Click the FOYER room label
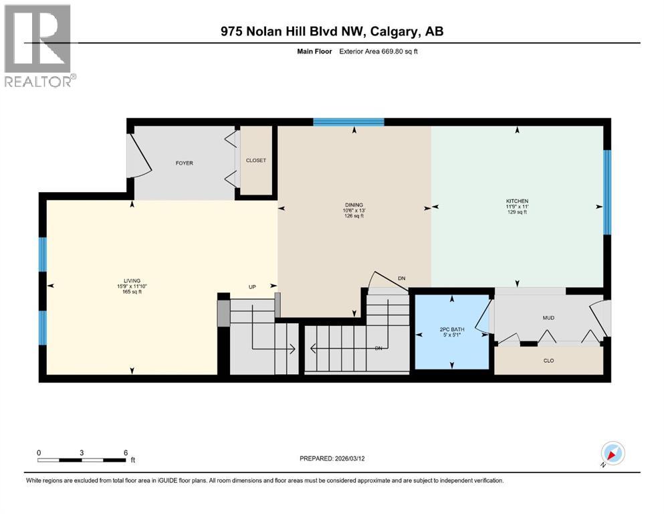[184, 163]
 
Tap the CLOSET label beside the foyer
[255, 161]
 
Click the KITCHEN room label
[517, 201]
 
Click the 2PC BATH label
[453, 329]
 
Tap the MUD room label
[548, 318]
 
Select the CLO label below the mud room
[548, 361]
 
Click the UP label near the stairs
[252, 287]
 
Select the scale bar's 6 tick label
[126, 452]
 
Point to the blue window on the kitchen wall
[607, 192]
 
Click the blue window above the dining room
[348, 122]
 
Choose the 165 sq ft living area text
[132, 292]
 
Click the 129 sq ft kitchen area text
[517, 212]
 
